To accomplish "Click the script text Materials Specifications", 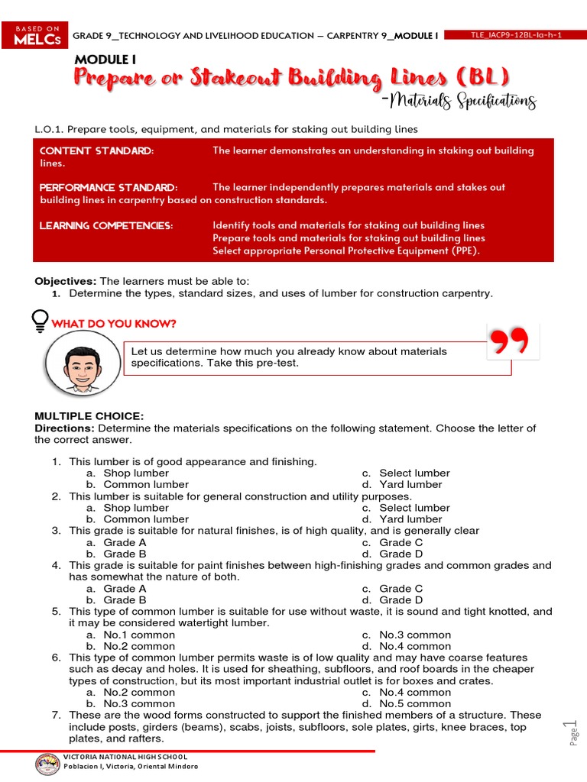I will (x=462, y=102).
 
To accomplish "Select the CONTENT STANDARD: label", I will (x=96, y=151).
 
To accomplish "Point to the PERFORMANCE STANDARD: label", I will (x=109, y=188).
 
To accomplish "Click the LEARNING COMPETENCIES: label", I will (x=106, y=226).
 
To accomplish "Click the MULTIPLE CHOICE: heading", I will (x=89, y=416).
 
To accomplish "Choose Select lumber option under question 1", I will (x=414, y=473).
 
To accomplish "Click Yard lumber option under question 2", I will (x=410, y=519).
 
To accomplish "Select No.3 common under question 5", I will (x=415, y=635).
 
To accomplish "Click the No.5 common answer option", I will (x=415, y=704).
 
